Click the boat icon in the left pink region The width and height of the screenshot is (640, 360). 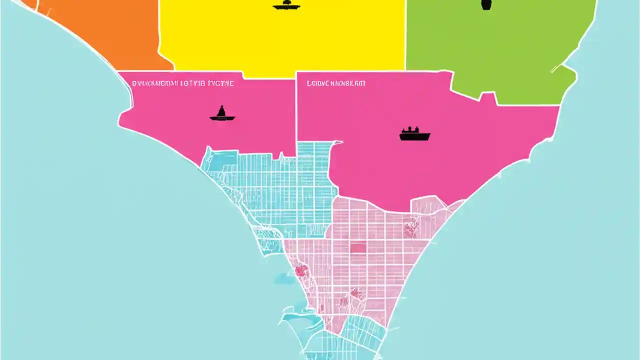(222, 114)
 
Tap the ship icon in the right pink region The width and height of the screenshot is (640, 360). (414, 134)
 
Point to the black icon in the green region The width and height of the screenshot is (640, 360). (485, 5)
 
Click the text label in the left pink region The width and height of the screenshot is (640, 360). (182, 83)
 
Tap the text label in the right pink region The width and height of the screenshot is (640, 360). (336, 83)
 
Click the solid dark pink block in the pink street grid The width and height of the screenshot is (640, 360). (358, 248)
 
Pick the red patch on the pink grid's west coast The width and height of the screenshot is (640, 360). (301, 270)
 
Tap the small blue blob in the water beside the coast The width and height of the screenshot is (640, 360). (284, 278)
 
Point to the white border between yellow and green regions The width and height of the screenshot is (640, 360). (405, 35)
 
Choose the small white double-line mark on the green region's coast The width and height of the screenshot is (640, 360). (556, 68)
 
